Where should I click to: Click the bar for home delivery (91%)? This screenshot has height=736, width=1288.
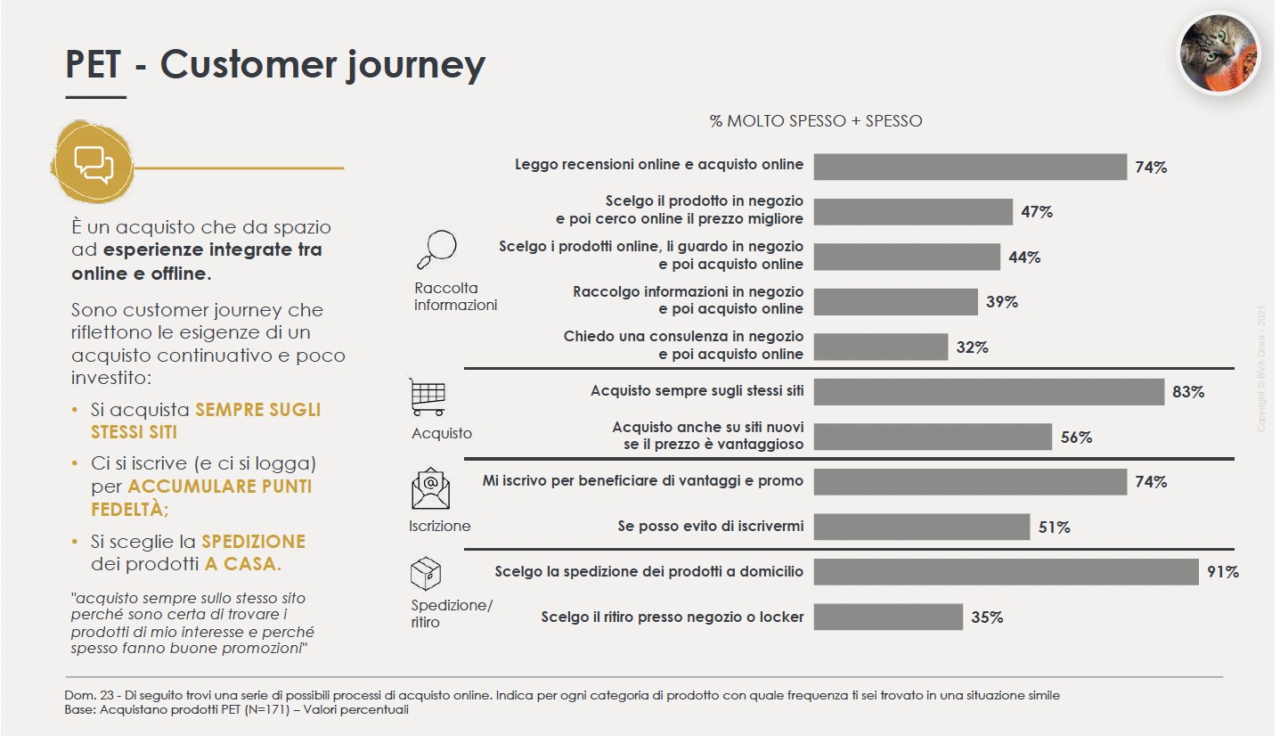click(1006, 572)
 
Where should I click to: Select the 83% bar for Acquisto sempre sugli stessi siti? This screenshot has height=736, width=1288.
click(989, 392)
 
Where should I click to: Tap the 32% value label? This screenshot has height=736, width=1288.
click(972, 348)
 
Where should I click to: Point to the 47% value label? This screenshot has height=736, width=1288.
click(1036, 212)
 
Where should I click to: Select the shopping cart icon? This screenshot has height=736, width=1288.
click(428, 397)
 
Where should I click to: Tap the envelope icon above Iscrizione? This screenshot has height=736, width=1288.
click(430, 487)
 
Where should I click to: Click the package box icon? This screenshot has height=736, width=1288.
click(426, 576)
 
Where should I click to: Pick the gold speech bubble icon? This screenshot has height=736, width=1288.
click(93, 163)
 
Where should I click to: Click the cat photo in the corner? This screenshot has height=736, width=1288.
click(1219, 53)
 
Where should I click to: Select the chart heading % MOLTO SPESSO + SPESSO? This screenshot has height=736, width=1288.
click(815, 121)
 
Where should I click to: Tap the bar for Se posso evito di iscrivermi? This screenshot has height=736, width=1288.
click(921, 527)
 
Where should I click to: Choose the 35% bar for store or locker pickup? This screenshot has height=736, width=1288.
click(888, 617)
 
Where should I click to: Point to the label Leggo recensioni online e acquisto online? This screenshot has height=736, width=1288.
click(659, 165)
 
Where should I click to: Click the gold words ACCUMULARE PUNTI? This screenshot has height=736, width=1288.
click(220, 487)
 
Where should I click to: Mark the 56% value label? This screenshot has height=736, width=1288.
click(1076, 438)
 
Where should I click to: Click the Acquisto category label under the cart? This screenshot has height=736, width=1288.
click(442, 434)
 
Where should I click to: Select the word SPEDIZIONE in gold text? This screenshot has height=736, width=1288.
click(253, 542)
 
